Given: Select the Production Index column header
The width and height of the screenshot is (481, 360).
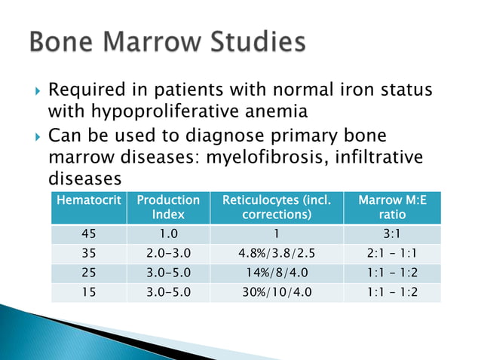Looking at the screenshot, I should pos(168,207).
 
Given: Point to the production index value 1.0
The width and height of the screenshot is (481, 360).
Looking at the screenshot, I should pos(168,233).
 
